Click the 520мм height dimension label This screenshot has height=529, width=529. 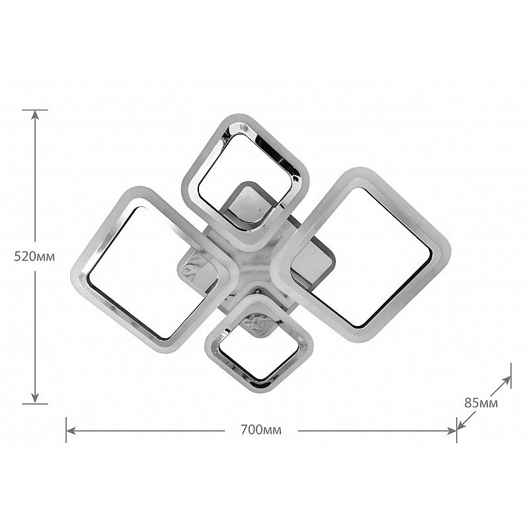click(34, 257)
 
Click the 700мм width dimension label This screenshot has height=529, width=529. click(261, 430)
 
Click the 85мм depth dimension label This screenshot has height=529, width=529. click(481, 403)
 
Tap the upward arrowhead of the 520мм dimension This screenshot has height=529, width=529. click(35, 115)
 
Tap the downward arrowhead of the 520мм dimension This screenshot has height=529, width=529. click(35, 398)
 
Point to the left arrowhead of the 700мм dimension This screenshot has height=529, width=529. click(71, 430)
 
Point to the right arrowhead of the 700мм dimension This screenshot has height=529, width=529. click(452, 430)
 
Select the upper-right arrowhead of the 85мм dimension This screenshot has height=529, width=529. click(507, 381)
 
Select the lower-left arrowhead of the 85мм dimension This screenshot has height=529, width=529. click(461, 426)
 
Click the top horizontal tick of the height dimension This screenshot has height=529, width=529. click(35, 110)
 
